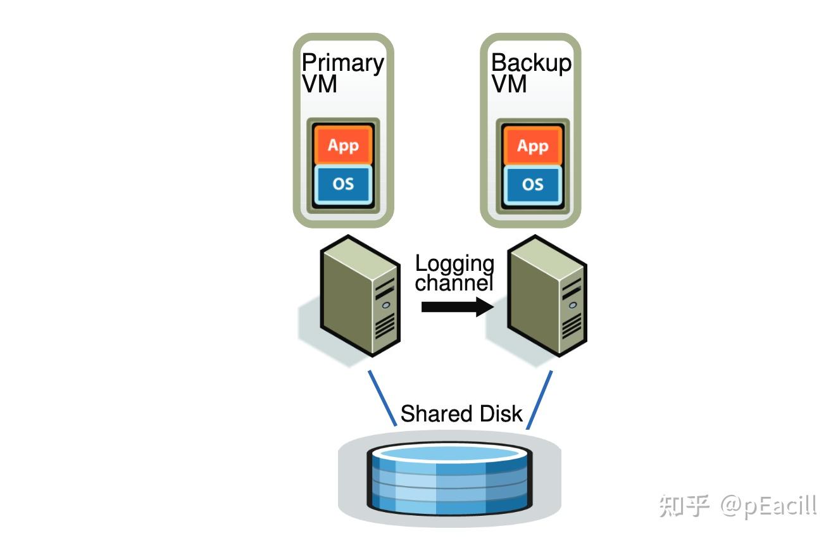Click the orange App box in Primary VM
coord(343,146)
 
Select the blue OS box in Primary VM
coord(343,185)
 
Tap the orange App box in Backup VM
coord(532,146)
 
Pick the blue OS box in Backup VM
coord(532,185)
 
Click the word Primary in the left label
coord(342,64)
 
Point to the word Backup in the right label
coord(531,63)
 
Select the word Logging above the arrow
coord(454,264)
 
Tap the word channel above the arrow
coord(453,283)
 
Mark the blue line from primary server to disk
coord(382,399)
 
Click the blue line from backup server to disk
coord(539,400)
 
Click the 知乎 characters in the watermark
coord(684,505)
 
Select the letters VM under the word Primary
coord(320,84)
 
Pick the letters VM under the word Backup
coord(509,84)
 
